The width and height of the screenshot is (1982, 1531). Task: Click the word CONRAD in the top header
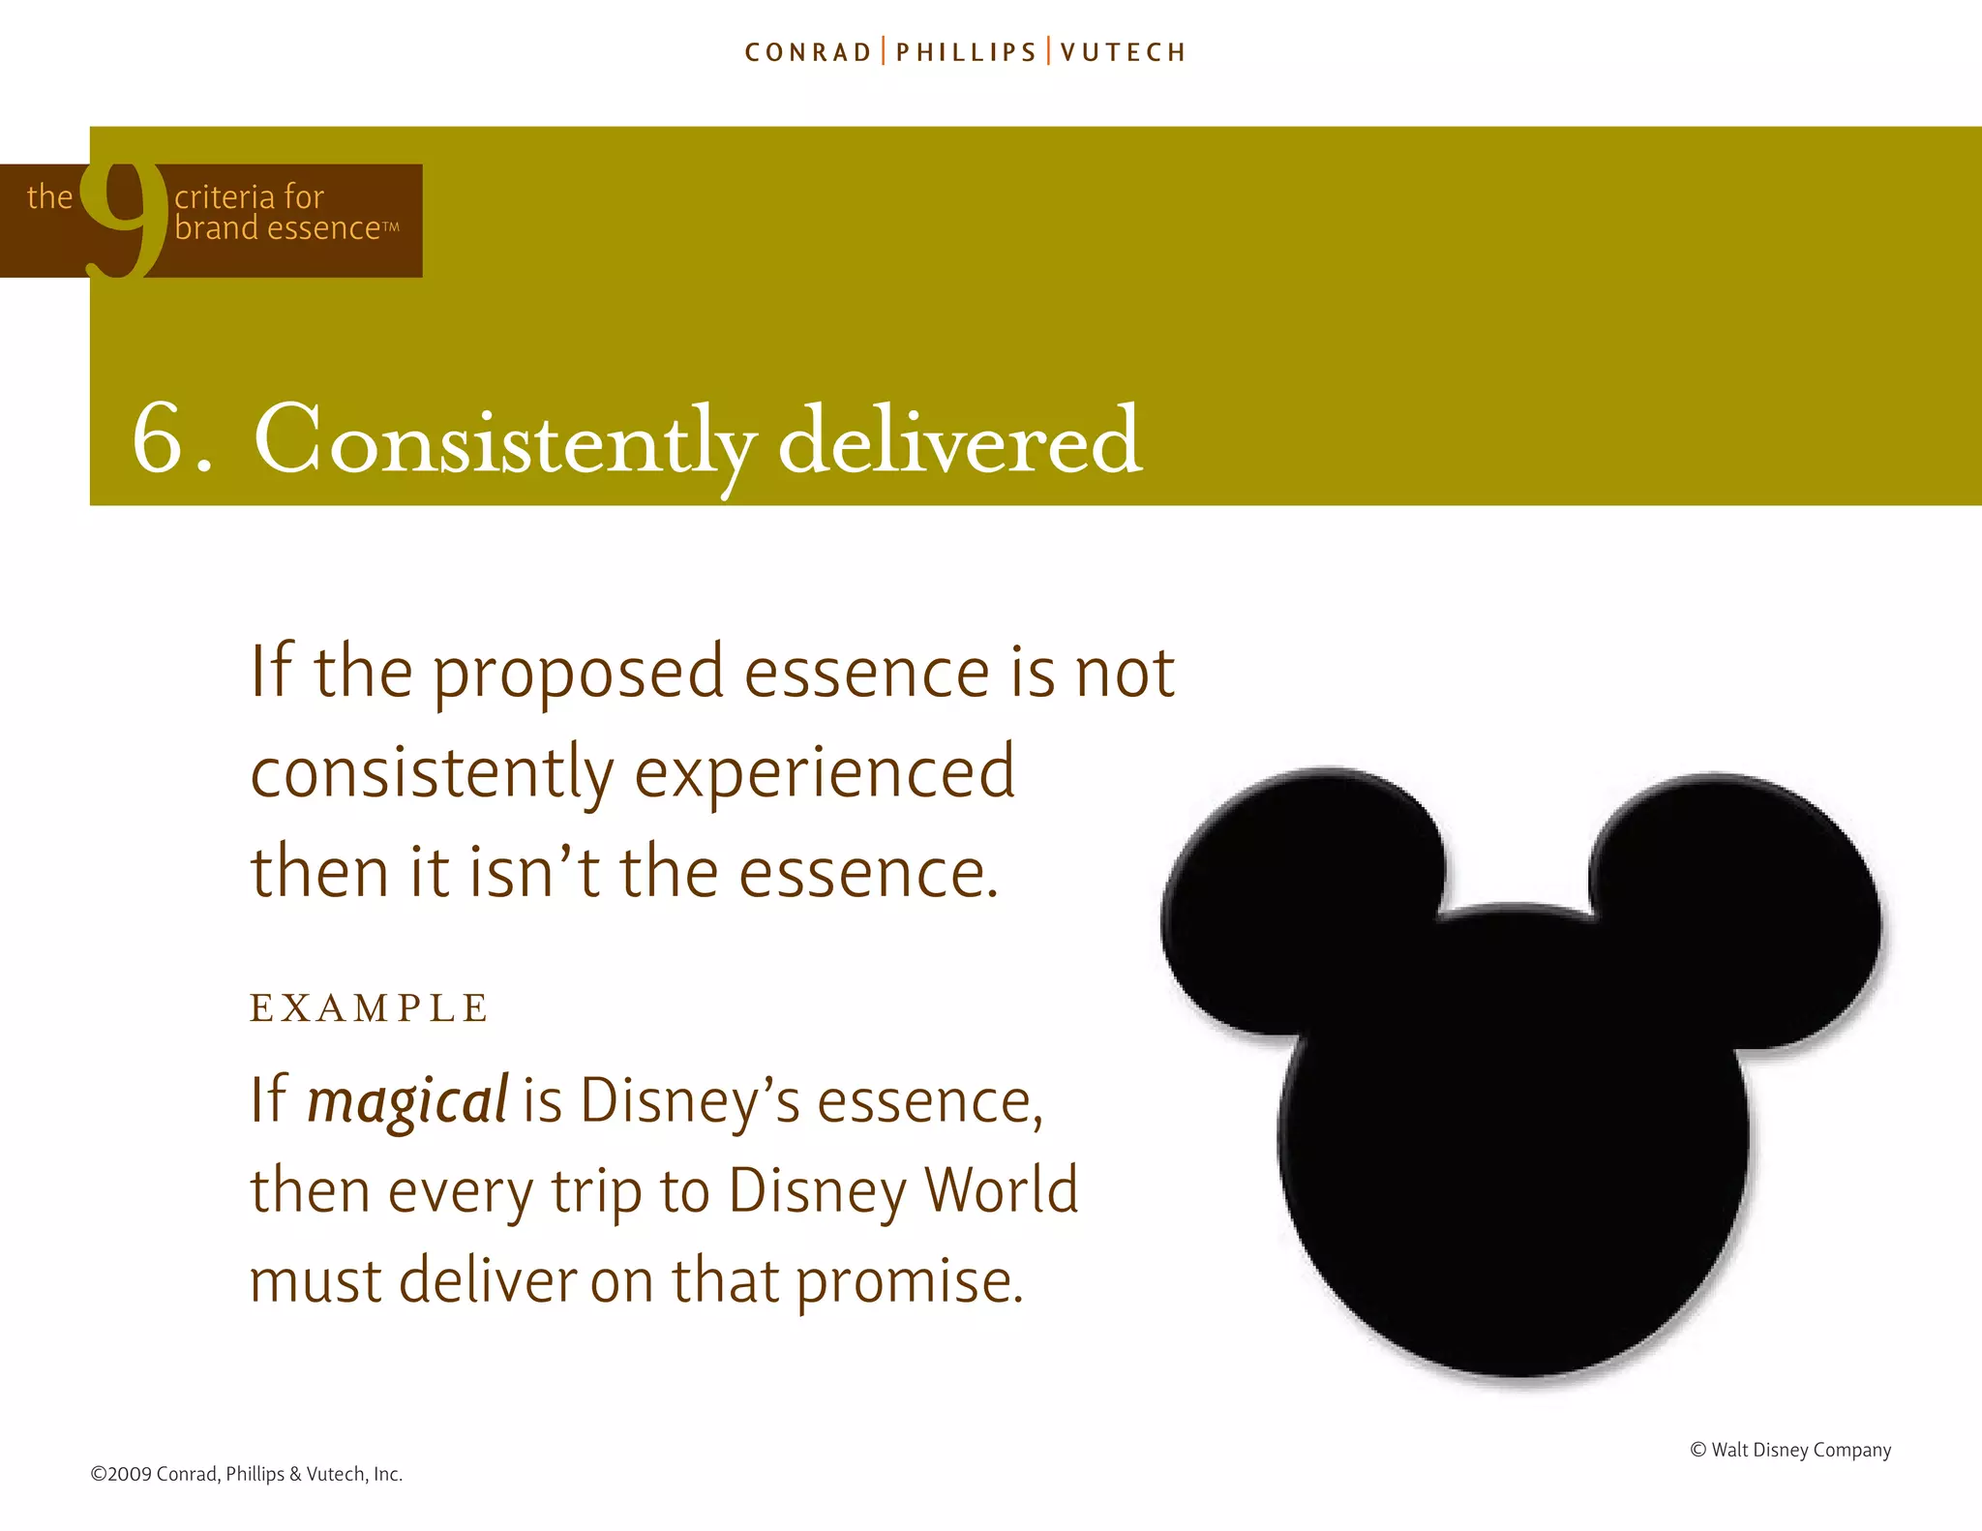pos(808,52)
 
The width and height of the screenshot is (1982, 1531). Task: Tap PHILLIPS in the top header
pos(966,52)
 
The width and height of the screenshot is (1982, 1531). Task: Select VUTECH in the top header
pos(1123,52)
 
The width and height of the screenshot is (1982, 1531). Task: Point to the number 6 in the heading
pos(159,440)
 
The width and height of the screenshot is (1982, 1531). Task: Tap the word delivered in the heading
pos(959,440)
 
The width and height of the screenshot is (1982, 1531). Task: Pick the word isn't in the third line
pos(534,872)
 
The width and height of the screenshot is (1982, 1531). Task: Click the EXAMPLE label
pos(369,1008)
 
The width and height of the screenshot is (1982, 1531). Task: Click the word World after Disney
pos(1001,1191)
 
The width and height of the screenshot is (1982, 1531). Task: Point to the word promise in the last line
pos(909,1281)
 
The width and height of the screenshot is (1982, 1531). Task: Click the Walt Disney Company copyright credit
pos(1790,1450)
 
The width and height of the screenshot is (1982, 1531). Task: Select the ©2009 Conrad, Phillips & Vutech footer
pos(246,1474)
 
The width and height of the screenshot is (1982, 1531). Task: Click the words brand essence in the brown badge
pos(279,228)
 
